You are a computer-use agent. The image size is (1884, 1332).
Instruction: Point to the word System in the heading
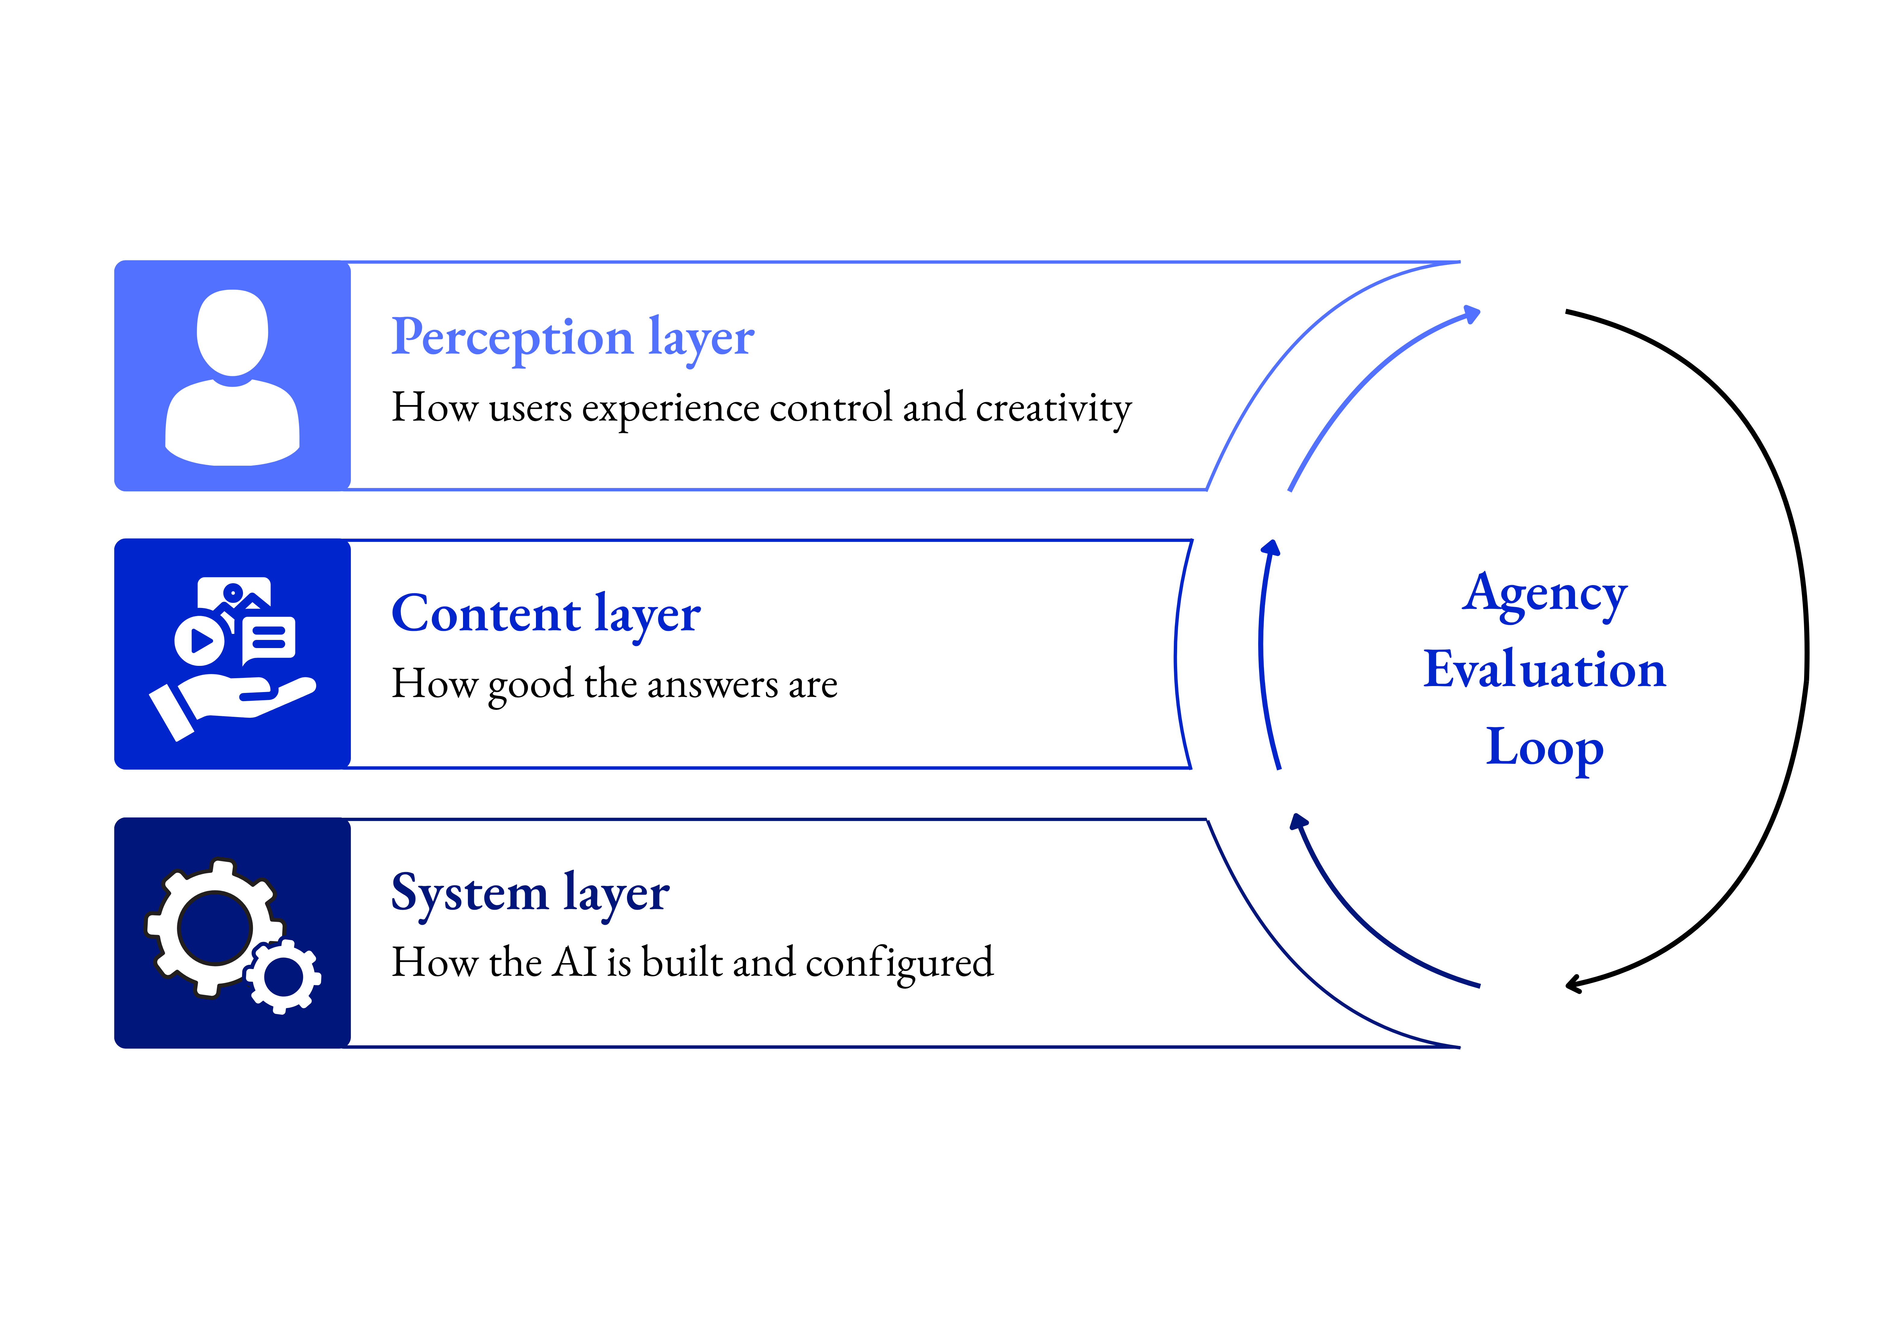pyautogui.click(x=469, y=893)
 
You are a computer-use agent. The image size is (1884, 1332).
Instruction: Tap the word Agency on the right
pyautogui.click(x=1544, y=595)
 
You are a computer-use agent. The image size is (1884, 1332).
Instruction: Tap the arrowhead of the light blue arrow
pyautogui.click(x=1472, y=314)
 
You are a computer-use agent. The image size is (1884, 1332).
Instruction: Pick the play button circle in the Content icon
pyautogui.click(x=199, y=639)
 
